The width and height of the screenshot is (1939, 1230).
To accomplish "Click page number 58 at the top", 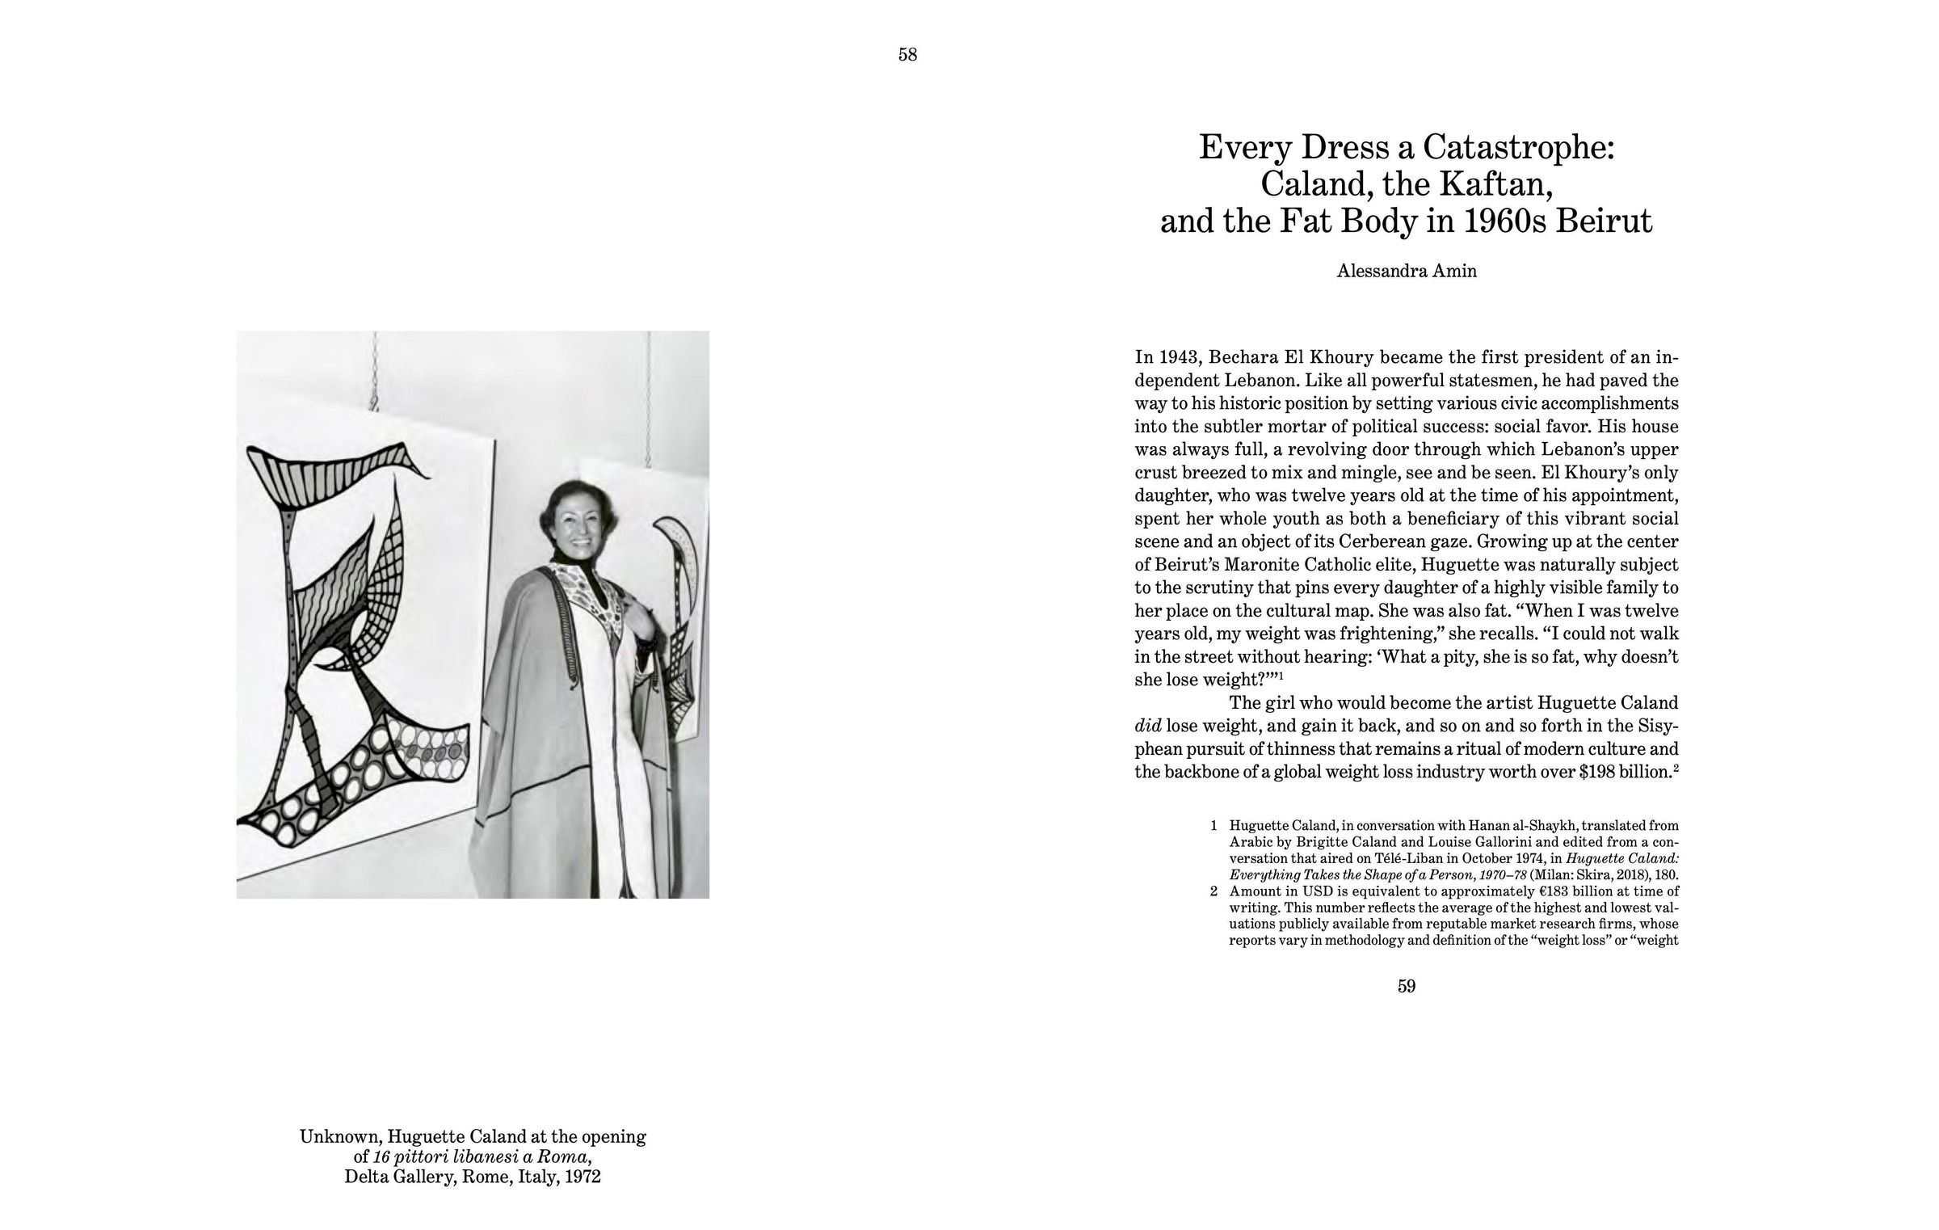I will click(x=907, y=55).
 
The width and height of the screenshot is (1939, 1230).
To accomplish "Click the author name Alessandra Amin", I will click(x=1407, y=272).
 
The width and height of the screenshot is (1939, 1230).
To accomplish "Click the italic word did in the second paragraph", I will click(x=1147, y=725).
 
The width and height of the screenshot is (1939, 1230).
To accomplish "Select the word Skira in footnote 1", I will click(x=1595, y=874).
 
